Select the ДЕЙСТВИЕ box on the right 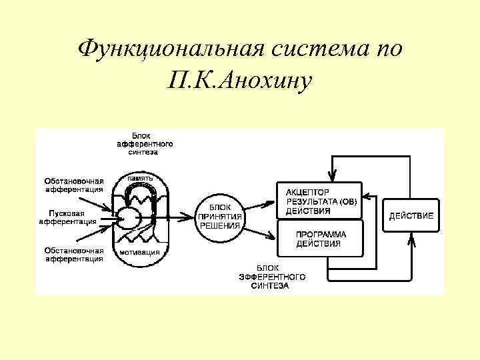[411, 215]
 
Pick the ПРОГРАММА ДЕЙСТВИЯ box [321, 239]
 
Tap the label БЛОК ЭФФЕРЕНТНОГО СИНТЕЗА [271, 277]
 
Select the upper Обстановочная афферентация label [73, 185]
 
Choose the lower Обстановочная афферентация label [73, 254]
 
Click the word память [140, 179]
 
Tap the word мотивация [139, 253]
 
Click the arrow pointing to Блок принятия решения [180, 217]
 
